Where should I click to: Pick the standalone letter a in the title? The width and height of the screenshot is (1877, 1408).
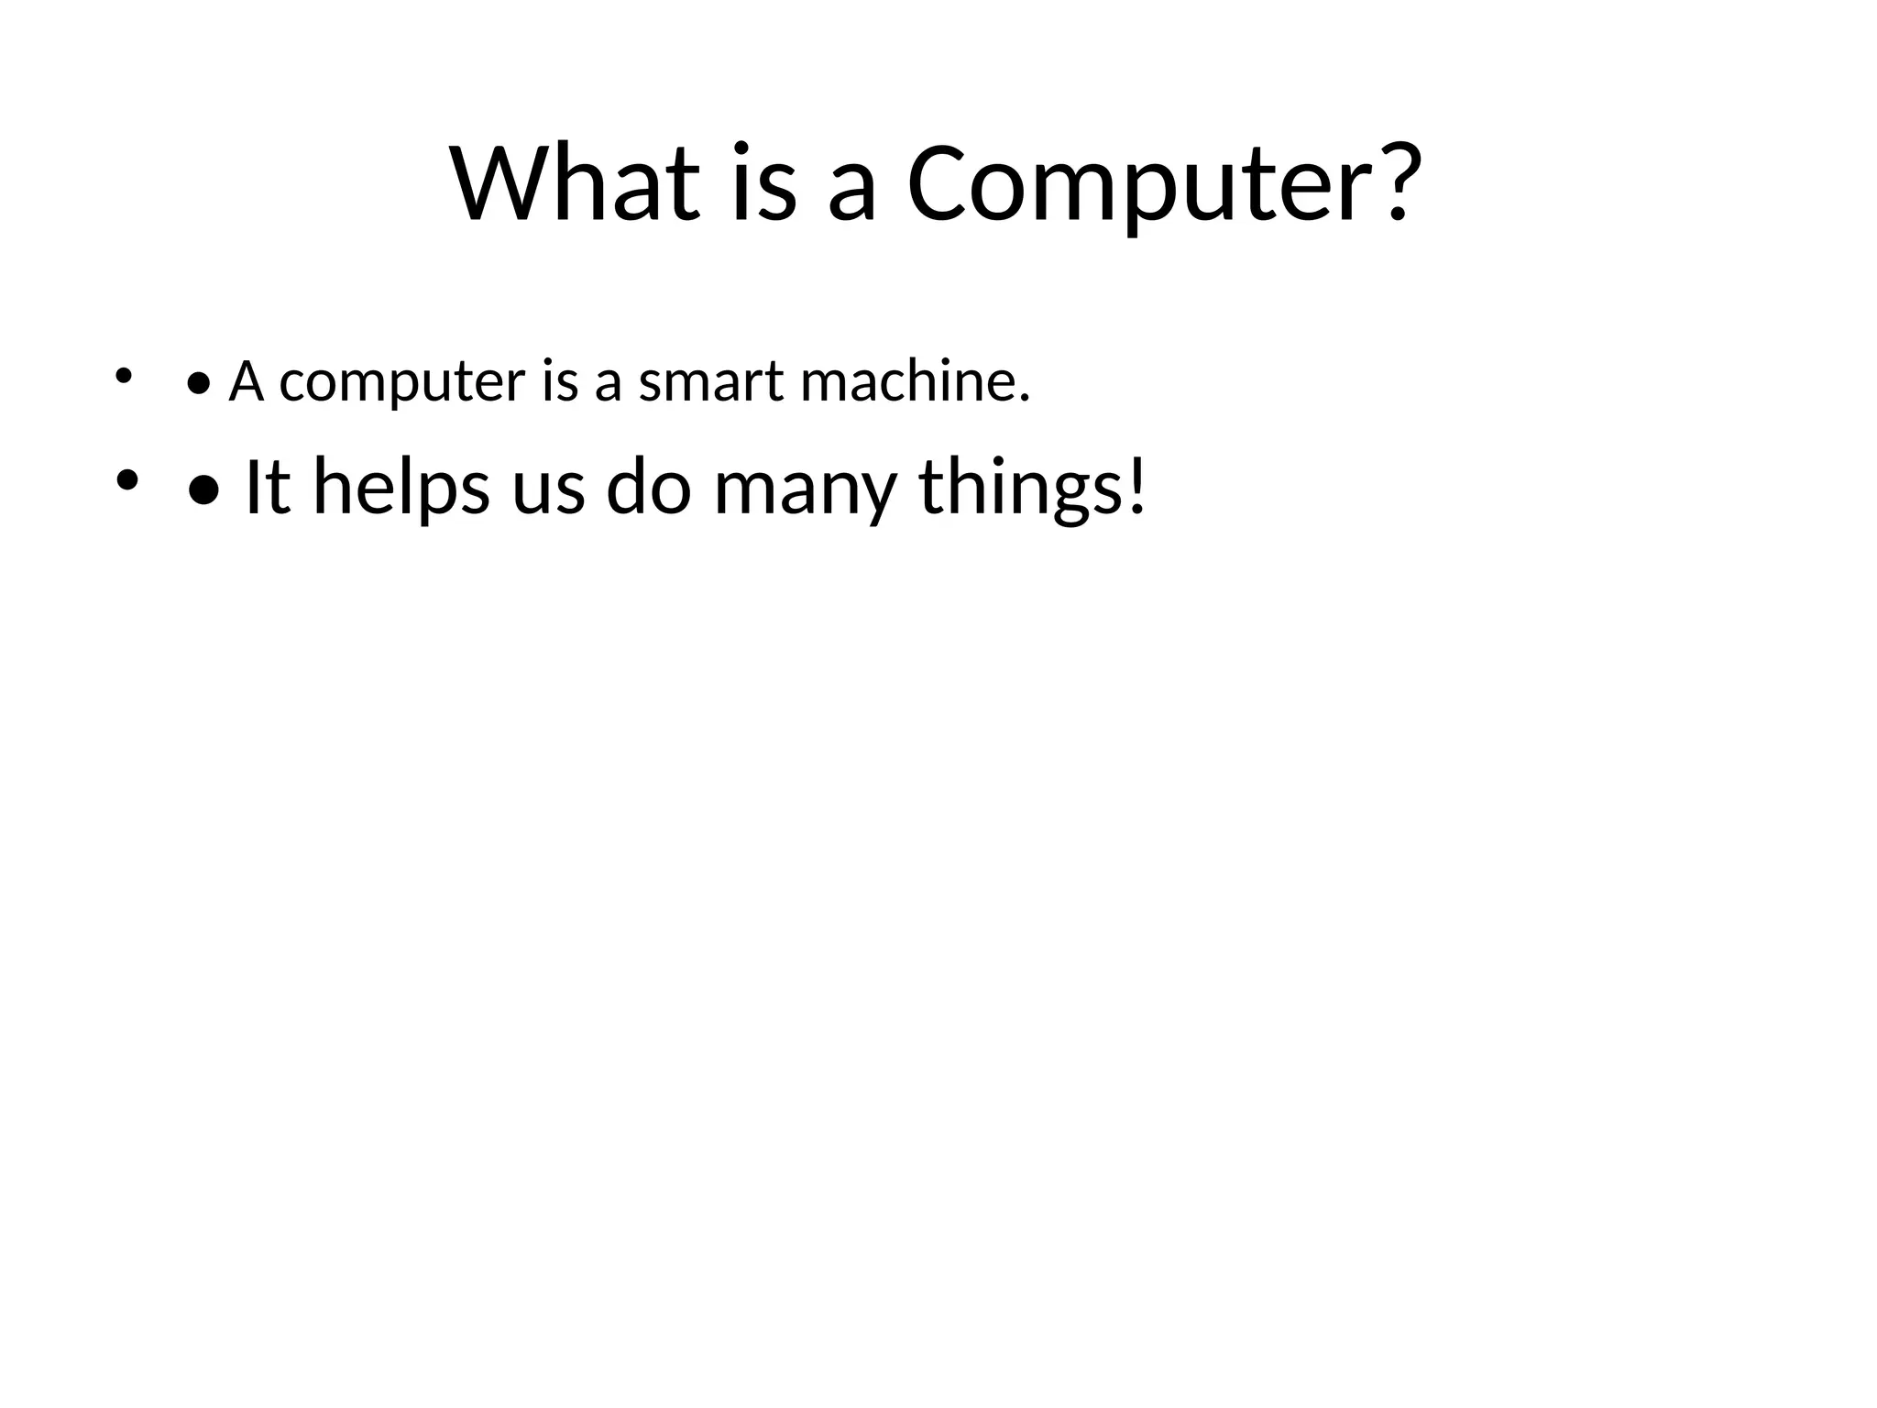point(851,192)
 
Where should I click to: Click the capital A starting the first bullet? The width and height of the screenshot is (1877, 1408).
point(247,381)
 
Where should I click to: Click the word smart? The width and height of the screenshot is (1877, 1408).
point(710,383)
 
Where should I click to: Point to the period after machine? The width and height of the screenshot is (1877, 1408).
point(1024,399)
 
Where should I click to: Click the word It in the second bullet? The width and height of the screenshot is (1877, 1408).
point(268,488)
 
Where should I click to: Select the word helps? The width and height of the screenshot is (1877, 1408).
point(401,489)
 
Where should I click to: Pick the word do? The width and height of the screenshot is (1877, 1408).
point(648,488)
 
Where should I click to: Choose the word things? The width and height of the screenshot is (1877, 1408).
point(1020,489)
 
